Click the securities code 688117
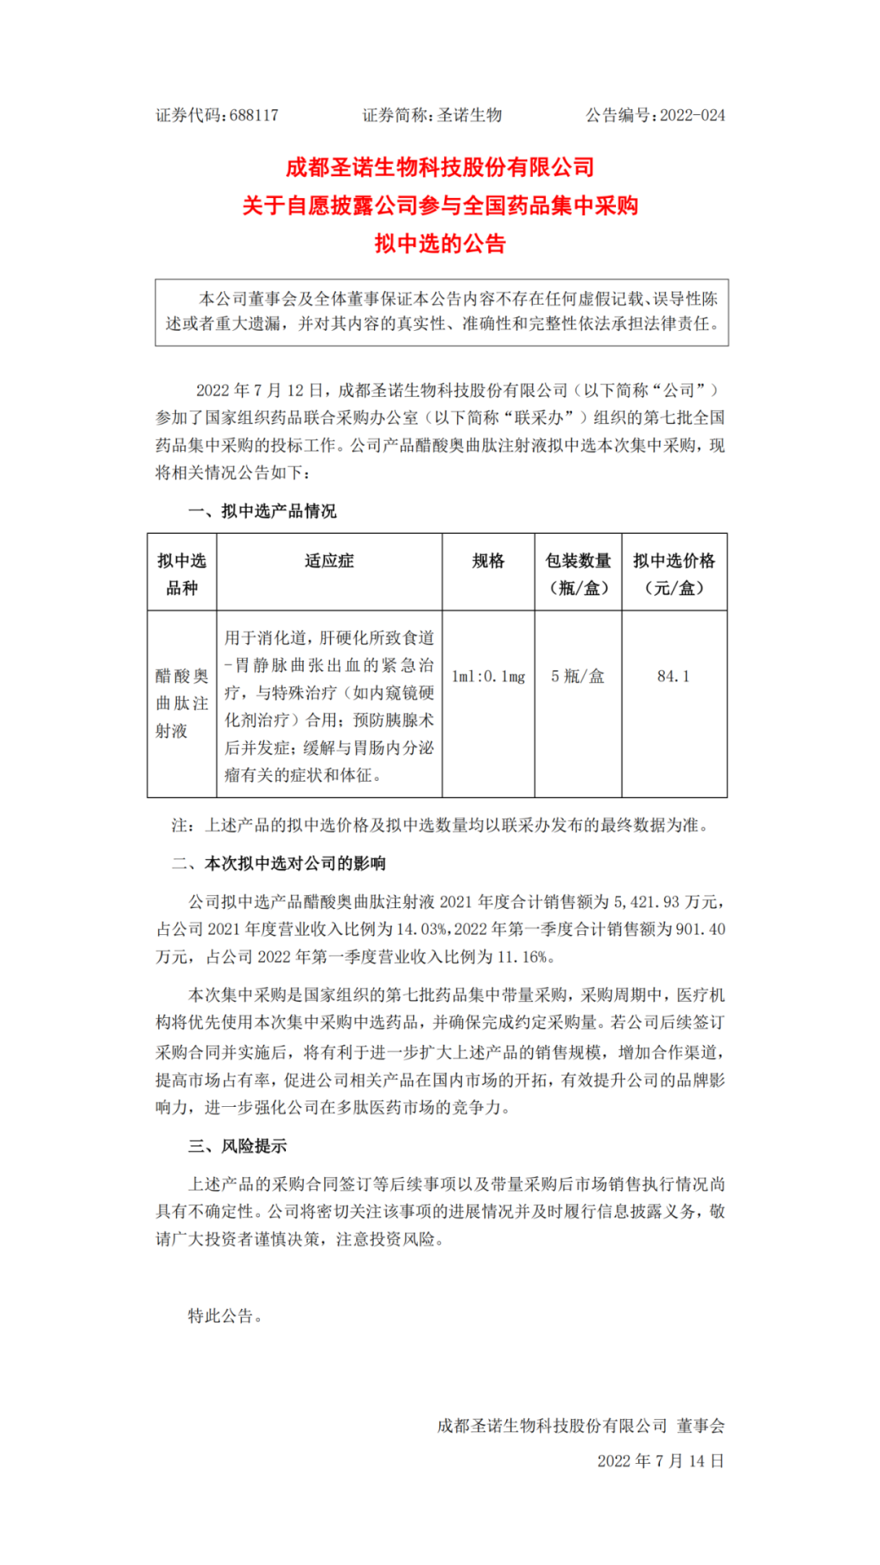point(253,115)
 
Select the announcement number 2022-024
point(692,115)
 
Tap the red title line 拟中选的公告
point(440,244)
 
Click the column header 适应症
point(329,561)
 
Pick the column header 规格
point(488,561)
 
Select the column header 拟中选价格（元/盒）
point(674,574)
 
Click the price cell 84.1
point(673,677)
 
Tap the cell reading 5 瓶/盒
point(578,677)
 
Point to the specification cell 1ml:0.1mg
point(488,677)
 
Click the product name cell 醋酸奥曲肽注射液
point(182,703)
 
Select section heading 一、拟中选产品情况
point(262,511)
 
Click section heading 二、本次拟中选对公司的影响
point(279,863)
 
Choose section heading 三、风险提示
point(237,1146)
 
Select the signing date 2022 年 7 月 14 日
point(660,1461)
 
